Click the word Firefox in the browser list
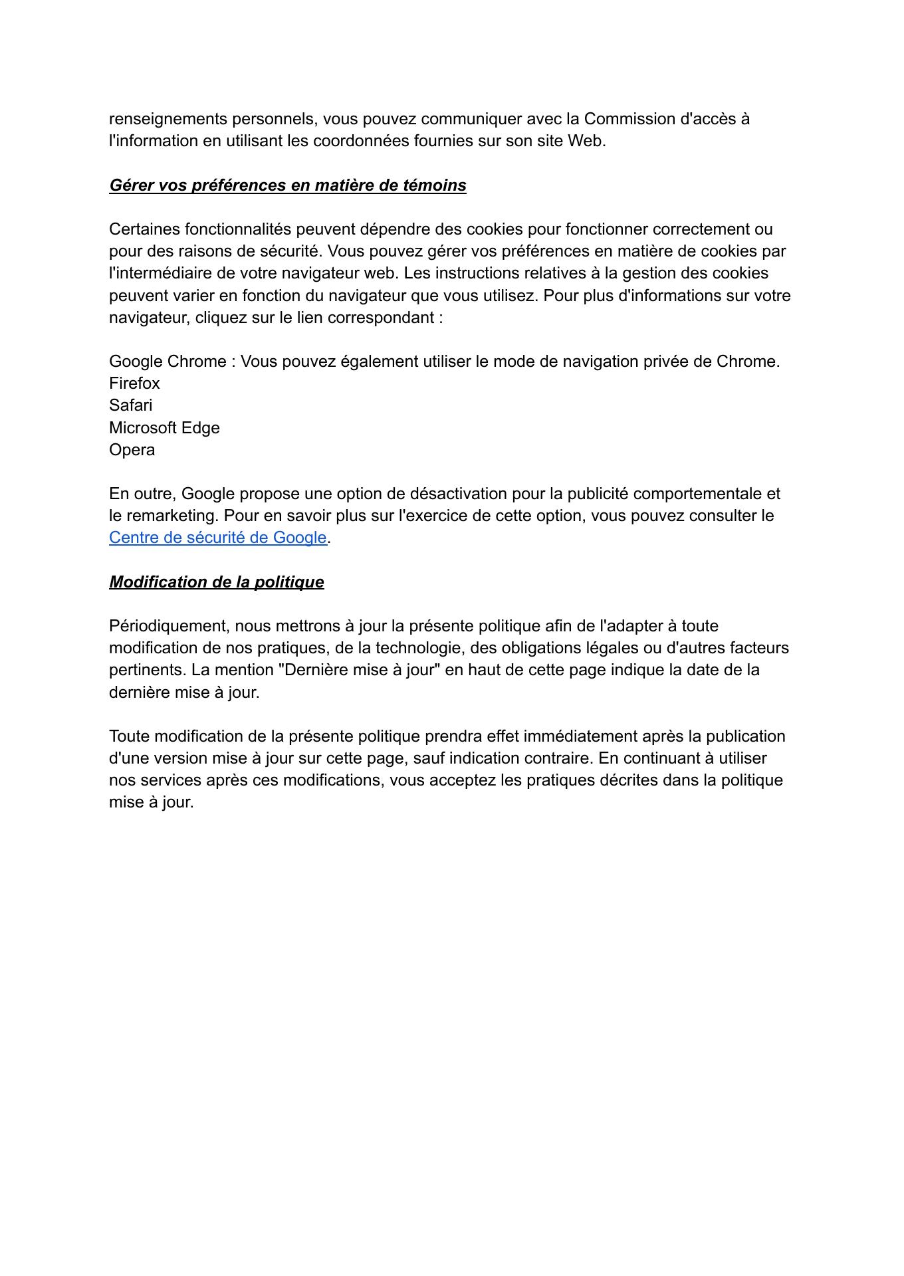(134, 383)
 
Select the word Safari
(130, 405)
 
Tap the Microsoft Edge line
(164, 427)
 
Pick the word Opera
(132, 450)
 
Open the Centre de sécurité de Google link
(217, 538)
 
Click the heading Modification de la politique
(216, 582)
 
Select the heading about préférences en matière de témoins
(287, 185)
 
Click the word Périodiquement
(169, 626)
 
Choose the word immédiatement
(580, 736)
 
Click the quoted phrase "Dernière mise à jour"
(360, 670)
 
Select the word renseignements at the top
(168, 119)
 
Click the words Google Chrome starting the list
(168, 362)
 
